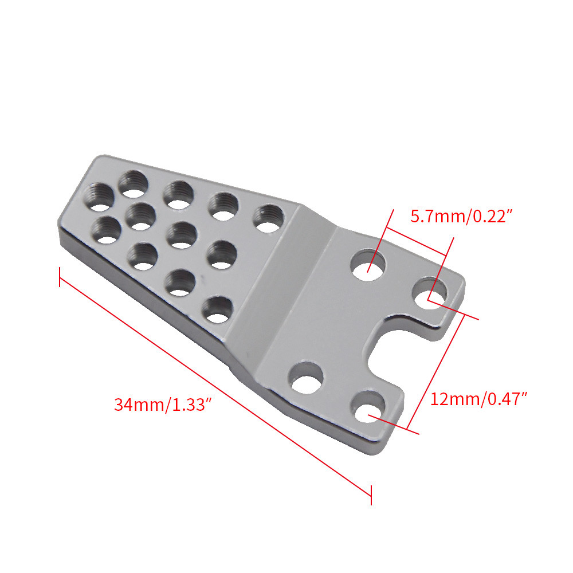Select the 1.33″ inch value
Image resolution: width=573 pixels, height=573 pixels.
click(x=193, y=405)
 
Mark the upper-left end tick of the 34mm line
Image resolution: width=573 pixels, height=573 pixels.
click(x=59, y=277)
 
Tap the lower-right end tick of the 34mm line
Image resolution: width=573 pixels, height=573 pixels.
click(x=371, y=496)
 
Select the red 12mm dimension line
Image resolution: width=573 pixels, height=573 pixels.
click(x=435, y=372)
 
